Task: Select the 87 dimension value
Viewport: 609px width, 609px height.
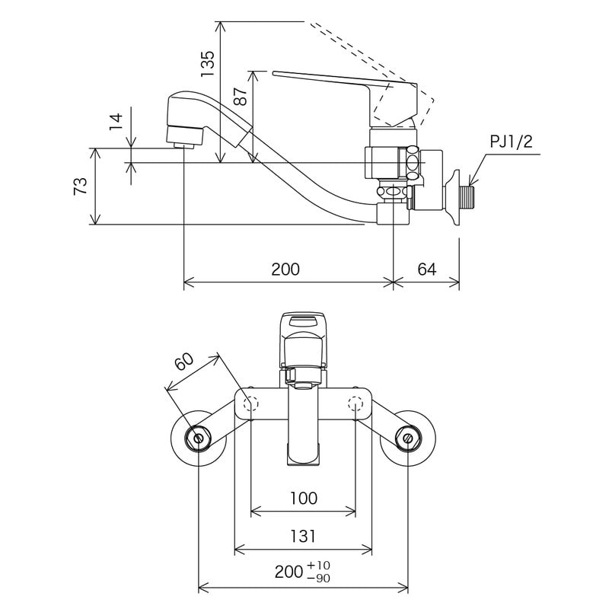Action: tap(241, 96)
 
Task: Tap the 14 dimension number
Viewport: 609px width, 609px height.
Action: tap(116, 122)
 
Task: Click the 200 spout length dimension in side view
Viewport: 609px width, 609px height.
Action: tap(285, 269)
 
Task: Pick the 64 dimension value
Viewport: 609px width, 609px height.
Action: tap(426, 269)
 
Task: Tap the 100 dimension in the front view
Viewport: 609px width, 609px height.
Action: tap(303, 499)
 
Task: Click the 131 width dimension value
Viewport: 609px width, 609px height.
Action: tap(302, 537)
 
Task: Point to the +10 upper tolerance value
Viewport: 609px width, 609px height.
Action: tap(320, 566)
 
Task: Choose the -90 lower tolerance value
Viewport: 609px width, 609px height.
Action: tap(320, 579)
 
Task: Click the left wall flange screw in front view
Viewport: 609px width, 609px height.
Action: tap(199, 438)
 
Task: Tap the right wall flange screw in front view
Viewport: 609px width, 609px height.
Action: tap(407, 438)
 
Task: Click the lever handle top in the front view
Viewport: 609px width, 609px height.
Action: tap(303, 324)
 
